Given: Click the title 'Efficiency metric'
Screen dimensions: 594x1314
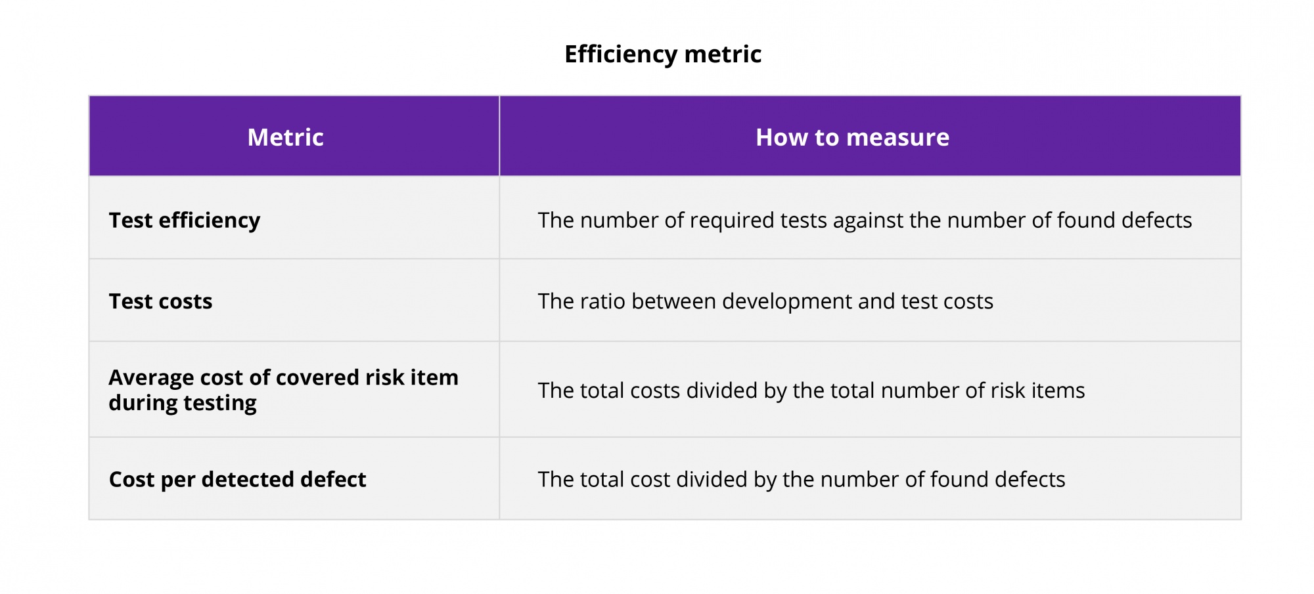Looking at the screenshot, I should (x=663, y=54).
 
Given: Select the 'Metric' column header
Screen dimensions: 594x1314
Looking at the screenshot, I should (x=285, y=137).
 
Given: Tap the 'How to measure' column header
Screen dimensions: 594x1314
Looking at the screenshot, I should (x=852, y=137).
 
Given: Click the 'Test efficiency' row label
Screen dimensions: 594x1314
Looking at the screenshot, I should (x=184, y=221).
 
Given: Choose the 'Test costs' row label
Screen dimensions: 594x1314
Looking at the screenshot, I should (x=160, y=301).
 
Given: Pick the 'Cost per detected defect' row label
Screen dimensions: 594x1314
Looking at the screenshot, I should (x=237, y=479).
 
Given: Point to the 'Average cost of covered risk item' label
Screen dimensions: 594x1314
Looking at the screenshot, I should (x=283, y=378).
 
